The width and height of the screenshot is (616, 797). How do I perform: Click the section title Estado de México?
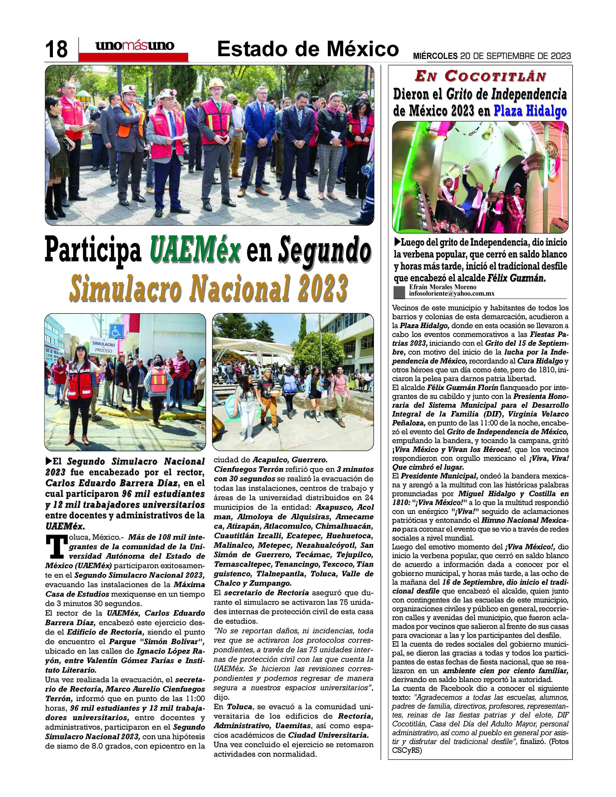click(307, 49)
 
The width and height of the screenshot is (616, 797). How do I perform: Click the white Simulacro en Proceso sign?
click(103, 347)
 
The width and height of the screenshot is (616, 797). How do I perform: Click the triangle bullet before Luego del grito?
click(397, 242)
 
